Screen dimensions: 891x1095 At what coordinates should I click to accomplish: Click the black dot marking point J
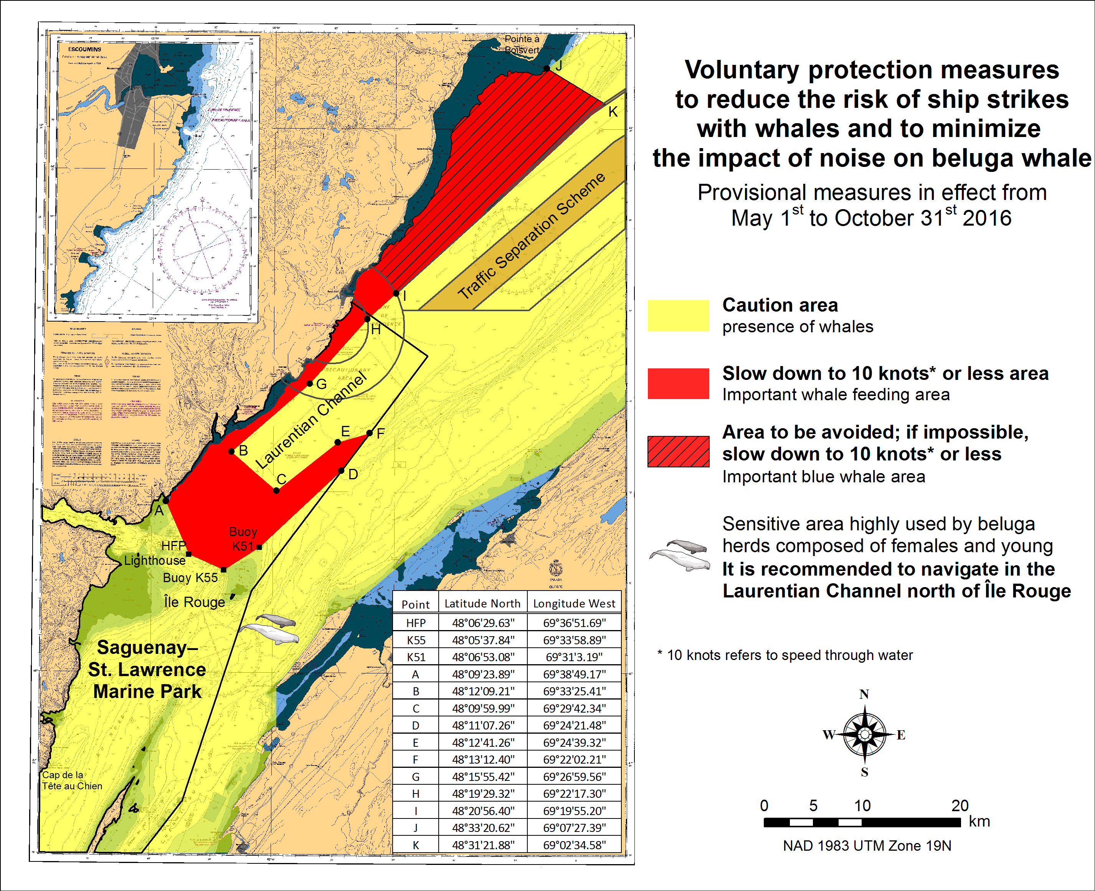tap(546, 68)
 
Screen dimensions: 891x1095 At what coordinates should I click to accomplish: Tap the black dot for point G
tap(310, 383)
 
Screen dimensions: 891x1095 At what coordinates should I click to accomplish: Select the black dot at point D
tap(341, 471)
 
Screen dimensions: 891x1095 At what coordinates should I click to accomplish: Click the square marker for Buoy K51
tap(259, 547)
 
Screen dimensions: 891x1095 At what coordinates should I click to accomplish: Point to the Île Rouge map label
tap(195, 602)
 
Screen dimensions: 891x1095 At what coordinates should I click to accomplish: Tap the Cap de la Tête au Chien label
tap(72, 780)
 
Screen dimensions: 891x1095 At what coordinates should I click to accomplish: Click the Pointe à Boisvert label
tap(522, 44)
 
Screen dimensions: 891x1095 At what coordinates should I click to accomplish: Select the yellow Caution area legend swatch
tap(678, 315)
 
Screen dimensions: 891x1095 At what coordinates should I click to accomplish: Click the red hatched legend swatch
tap(678, 451)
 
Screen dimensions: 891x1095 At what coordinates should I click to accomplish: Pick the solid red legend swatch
tap(678, 383)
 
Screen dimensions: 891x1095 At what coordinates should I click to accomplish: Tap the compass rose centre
tap(864, 734)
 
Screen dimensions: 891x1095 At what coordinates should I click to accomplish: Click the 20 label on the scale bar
tap(960, 805)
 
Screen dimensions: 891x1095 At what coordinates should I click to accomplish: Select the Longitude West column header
tap(574, 604)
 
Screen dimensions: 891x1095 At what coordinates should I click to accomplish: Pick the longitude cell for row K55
tap(574, 640)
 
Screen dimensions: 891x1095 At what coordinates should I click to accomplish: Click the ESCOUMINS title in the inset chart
tap(85, 49)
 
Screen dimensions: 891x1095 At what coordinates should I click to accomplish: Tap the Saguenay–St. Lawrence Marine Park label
tap(147, 669)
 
